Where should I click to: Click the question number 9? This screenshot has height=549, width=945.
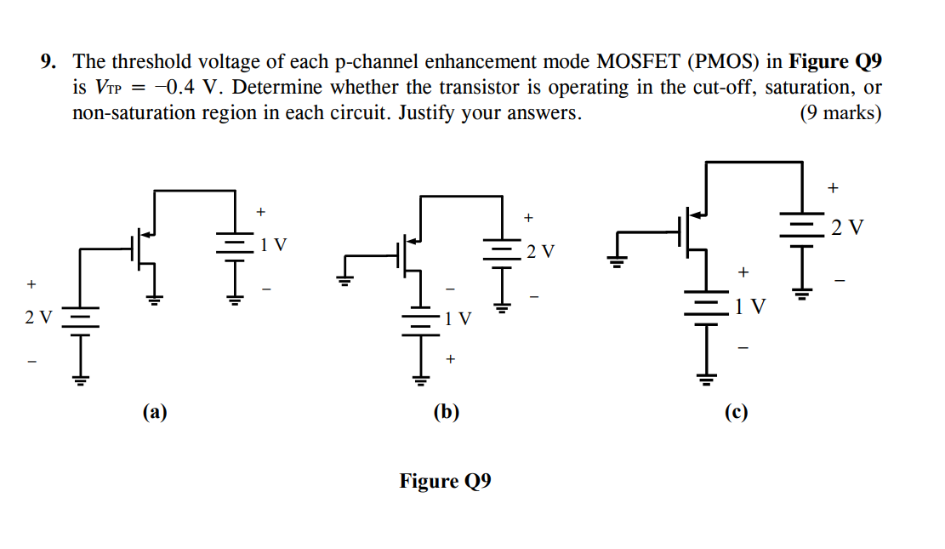pos(50,62)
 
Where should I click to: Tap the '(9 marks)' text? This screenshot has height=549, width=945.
pos(840,113)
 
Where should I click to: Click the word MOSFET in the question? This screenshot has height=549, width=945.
pos(639,62)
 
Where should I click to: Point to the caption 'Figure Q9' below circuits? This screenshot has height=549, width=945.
pos(445,482)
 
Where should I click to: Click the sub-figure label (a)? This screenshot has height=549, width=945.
pos(155,413)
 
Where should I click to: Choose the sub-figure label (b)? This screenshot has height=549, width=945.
pos(445,413)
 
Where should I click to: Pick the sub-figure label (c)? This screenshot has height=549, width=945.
pos(736,413)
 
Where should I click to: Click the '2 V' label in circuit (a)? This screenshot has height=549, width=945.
pos(38,317)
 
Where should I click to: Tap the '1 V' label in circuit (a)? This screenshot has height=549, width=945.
pos(274,245)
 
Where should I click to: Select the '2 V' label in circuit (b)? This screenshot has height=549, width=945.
pos(540,251)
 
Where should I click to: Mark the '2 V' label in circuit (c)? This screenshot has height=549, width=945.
pos(847,227)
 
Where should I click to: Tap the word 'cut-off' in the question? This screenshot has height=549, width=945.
pos(705,88)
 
